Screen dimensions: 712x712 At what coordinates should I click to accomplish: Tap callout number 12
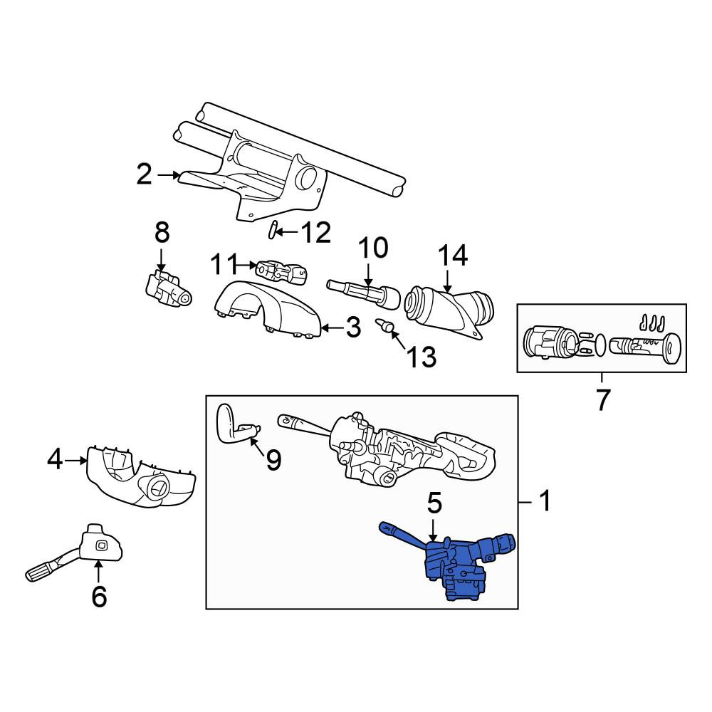pos(316,233)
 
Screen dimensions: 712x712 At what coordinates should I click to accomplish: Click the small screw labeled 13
pos(384,325)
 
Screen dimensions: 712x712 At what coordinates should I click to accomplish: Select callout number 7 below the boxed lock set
pos(602,399)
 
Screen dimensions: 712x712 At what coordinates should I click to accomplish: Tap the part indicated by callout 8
pos(169,290)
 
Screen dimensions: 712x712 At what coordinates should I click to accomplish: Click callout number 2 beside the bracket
pos(144,174)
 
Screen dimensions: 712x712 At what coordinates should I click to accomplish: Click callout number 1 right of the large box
pos(545,501)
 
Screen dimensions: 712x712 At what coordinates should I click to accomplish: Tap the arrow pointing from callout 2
pos(168,174)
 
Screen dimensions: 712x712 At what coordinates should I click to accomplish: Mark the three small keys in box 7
pos(651,322)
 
